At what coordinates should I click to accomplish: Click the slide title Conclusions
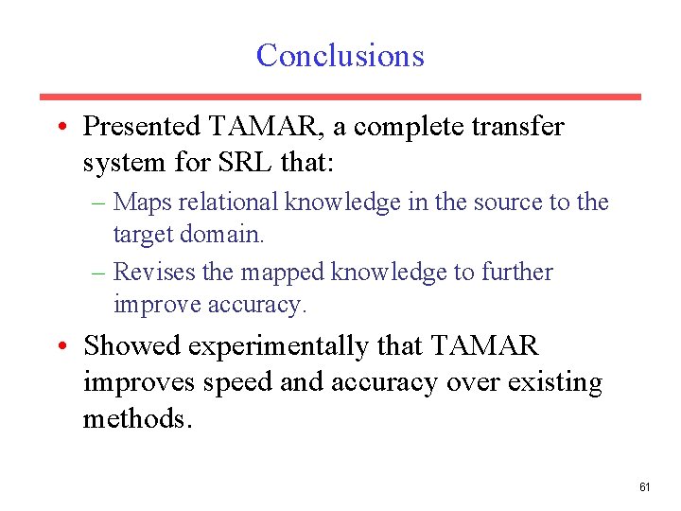pyautogui.click(x=340, y=55)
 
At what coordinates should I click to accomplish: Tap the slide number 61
pyautogui.click(x=645, y=487)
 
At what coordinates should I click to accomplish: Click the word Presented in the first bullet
pyautogui.click(x=142, y=126)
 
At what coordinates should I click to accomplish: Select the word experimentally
pyautogui.click(x=277, y=347)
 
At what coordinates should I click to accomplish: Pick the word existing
pyautogui.click(x=553, y=383)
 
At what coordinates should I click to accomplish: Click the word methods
pyautogui.click(x=136, y=418)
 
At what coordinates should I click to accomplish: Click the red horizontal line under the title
pyautogui.click(x=340, y=97)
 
